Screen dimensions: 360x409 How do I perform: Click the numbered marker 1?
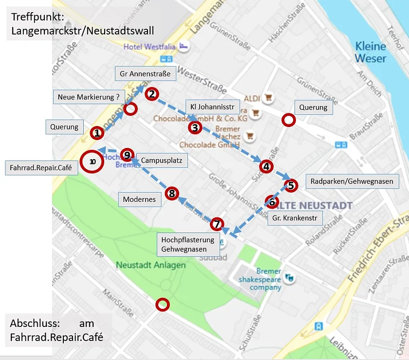pos(97,132)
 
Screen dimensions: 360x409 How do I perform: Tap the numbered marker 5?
pos(291,185)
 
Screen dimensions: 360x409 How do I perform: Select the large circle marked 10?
pos(92,162)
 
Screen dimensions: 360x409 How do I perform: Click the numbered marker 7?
pos(217,224)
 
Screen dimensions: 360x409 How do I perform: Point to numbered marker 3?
pos(195,127)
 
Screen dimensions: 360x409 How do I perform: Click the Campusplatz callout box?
pos(162,160)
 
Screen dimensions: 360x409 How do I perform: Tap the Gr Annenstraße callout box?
pos(145,74)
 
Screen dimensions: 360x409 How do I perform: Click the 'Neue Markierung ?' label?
pos(88,97)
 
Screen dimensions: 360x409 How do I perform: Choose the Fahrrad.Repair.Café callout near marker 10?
pos(40,168)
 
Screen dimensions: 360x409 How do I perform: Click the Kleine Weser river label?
pos(370,53)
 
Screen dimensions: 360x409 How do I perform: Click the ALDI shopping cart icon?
pos(267,97)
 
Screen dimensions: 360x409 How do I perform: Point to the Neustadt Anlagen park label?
pos(150,265)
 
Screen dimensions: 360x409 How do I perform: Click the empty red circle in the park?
pos(162,305)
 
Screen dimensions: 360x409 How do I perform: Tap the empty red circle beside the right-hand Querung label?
pos(289,120)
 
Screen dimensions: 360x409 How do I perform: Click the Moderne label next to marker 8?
pos(139,199)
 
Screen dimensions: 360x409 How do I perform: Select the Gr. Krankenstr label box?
pos(295,218)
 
